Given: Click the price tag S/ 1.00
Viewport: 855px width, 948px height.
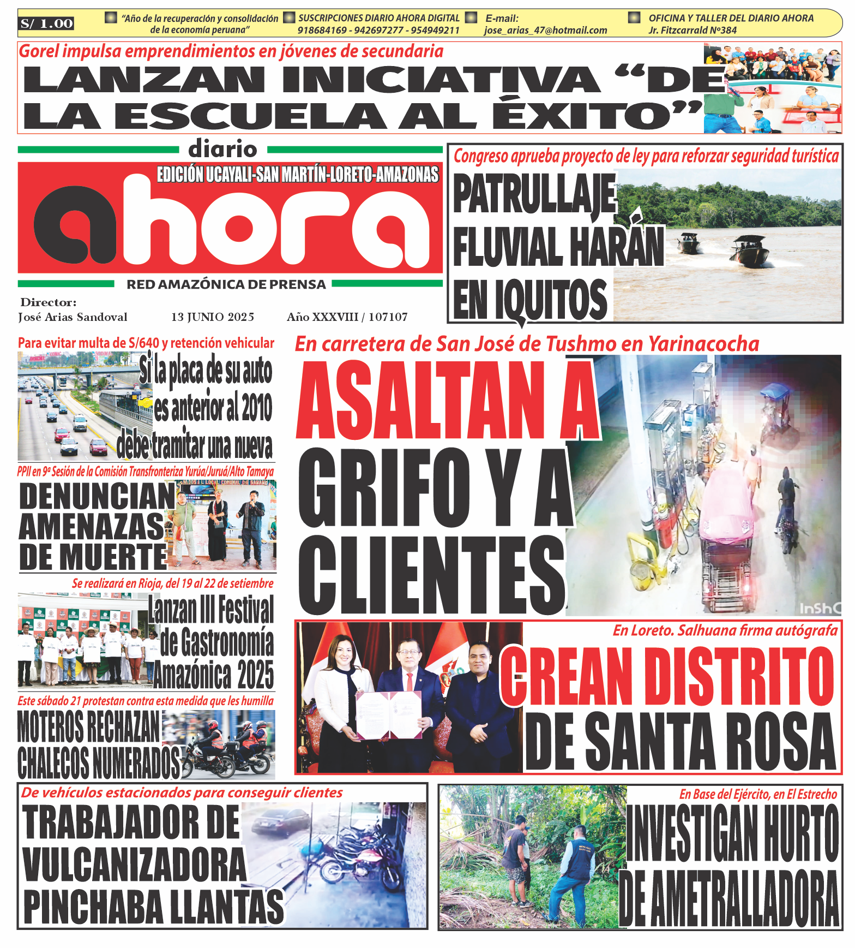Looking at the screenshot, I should [x=46, y=23].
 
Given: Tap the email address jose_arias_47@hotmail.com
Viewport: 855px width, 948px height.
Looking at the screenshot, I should [x=545, y=31].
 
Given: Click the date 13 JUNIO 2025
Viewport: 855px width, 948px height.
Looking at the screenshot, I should [x=213, y=317].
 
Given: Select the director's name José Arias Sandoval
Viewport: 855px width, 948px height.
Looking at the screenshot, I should [x=73, y=317].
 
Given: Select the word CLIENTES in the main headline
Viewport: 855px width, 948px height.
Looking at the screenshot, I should [x=431, y=576].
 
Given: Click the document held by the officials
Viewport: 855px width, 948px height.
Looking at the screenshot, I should [x=388, y=715].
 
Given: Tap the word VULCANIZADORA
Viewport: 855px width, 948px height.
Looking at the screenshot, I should [x=135, y=865].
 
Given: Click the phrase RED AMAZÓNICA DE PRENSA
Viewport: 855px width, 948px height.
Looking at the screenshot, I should [x=226, y=284].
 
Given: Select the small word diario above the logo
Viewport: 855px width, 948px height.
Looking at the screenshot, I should [x=222, y=149].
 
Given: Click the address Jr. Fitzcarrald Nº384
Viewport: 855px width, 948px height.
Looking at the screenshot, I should [x=693, y=31].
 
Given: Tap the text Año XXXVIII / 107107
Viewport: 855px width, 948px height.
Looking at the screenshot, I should [x=347, y=317].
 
